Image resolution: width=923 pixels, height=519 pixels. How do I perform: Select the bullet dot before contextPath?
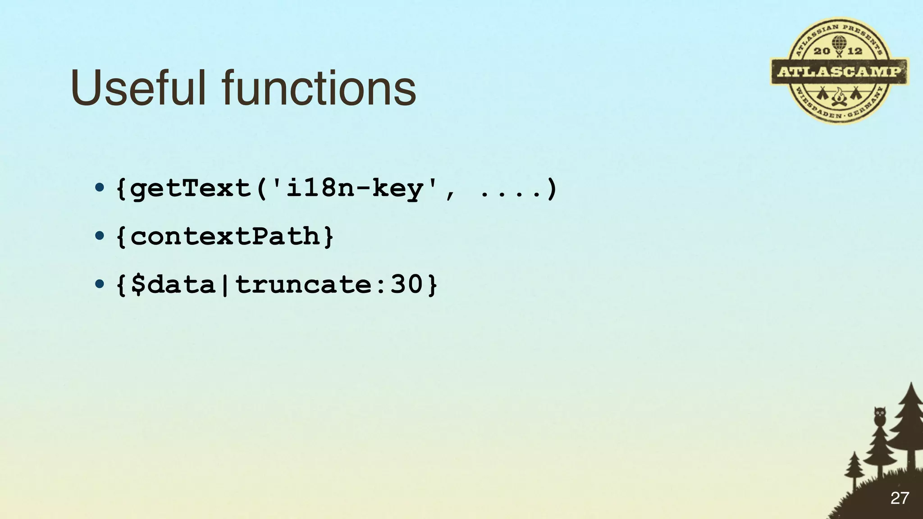(x=100, y=236)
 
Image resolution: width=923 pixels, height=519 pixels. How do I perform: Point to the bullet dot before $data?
(x=100, y=284)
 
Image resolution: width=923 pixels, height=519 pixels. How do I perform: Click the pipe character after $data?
(x=225, y=285)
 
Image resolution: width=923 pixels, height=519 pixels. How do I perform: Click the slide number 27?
(x=900, y=498)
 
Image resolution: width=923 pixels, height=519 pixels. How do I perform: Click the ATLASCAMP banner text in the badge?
(x=839, y=72)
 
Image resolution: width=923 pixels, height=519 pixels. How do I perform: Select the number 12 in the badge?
(x=855, y=51)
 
